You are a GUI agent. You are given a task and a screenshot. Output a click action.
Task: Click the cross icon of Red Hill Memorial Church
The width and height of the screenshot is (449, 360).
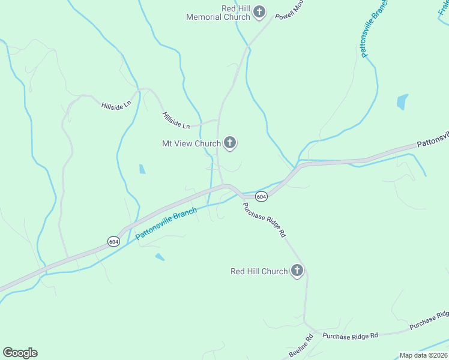click(x=259, y=11)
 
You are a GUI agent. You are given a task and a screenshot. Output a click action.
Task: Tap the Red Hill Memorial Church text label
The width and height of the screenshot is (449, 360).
click(x=218, y=13)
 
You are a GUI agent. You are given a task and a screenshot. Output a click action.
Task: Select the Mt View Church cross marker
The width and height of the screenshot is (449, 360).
click(x=229, y=143)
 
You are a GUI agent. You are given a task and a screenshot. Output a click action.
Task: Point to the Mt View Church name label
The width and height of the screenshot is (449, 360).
click(x=191, y=143)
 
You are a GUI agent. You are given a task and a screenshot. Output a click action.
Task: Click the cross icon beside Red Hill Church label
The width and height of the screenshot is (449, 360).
click(x=296, y=271)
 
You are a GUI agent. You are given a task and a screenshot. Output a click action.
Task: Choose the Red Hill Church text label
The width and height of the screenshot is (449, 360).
click(x=259, y=271)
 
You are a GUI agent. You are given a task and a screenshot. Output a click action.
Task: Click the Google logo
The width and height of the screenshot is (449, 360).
click(x=20, y=353)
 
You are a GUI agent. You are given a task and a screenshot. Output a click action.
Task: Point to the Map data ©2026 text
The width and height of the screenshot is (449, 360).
click(x=423, y=355)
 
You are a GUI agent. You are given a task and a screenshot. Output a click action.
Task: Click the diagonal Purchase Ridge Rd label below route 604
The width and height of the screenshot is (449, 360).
click(x=264, y=220)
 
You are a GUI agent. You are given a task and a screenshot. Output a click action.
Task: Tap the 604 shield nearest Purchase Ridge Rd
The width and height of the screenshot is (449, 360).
click(x=261, y=196)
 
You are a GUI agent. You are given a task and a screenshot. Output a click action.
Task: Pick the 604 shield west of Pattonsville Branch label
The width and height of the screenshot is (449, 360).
click(x=114, y=241)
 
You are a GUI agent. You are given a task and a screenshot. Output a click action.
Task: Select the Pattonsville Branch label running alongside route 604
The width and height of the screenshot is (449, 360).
click(x=166, y=224)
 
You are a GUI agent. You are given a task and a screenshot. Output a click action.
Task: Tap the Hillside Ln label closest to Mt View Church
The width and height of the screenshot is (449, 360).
click(x=176, y=120)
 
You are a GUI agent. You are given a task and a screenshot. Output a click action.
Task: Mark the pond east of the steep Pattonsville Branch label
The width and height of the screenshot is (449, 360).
click(x=402, y=101)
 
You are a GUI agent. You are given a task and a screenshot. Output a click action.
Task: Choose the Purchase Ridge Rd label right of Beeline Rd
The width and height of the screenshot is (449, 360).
click(x=350, y=335)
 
